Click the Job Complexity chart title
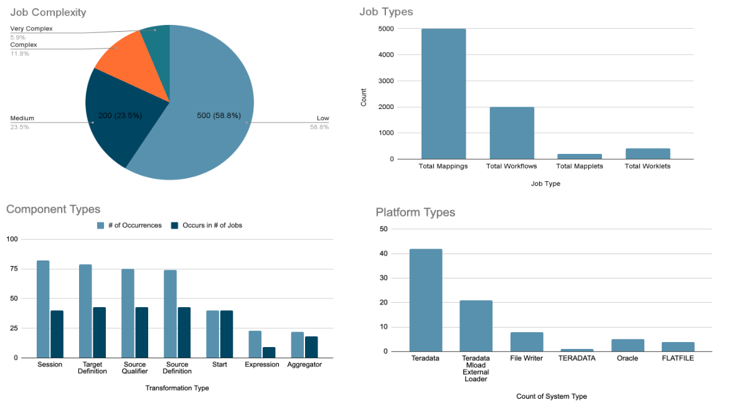[x=48, y=12]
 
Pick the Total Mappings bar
[x=443, y=93]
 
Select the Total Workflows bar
[x=512, y=133]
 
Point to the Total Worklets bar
[x=648, y=153]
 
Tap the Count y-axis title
[x=364, y=97]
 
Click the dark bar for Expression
[x=269, y=352]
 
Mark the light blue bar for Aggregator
[x=298, y=345]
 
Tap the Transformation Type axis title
[x=177, y=388]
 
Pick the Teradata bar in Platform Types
[x=426, y=300]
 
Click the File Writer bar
[x=527, y=341]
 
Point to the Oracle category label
[x=628, y=358]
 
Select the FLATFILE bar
[x=678, y=346]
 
